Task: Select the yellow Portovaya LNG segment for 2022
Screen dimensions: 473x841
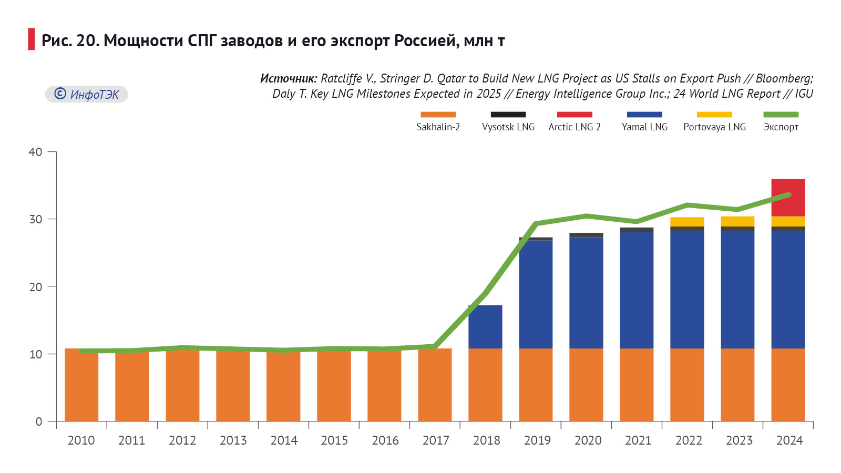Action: click(x=687, y=222)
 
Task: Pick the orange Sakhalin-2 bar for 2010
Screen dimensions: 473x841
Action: click(x=81, y=386)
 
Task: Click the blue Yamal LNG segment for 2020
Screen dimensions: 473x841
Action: click(x=586, y=293)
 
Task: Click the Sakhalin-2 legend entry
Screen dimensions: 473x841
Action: click(x=438, y=127)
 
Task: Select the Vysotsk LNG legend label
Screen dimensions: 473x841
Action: click(x=508, y=127)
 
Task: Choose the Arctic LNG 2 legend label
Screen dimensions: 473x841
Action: click(x=574, y=127)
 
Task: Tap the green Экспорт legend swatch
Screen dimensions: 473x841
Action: click(x=781, y=115)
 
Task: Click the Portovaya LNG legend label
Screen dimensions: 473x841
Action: click(x=714, y=127)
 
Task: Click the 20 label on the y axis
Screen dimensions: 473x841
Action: click(x=36, y=287)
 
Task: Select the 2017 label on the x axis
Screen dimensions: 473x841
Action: click(x=436, y=440)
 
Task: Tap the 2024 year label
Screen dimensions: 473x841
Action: click(x=789, y=440)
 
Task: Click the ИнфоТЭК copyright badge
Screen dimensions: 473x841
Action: click(x=87, y=94)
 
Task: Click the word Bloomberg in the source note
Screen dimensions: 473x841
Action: click(x=784, y=78)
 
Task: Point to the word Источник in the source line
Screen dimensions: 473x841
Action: click(x=288, y=78)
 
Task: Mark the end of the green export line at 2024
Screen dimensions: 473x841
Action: click(x=788, y=195)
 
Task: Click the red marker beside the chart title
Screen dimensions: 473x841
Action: click(x=32, y=39)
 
